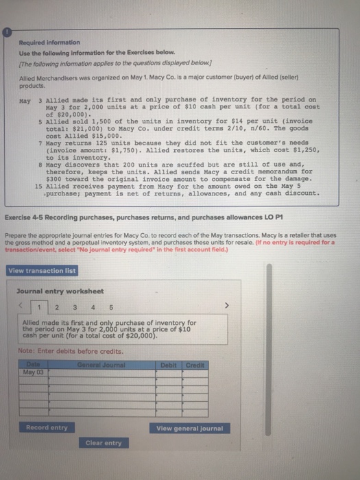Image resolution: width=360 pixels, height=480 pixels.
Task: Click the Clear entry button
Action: (104, 443)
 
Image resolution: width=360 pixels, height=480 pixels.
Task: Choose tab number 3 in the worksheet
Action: (71, 307)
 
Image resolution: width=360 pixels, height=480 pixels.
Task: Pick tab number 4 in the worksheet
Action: (86, 307)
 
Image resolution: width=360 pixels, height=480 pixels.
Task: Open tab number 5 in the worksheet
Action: (101, 307)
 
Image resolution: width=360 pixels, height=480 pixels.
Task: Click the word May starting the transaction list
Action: (25, 99)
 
